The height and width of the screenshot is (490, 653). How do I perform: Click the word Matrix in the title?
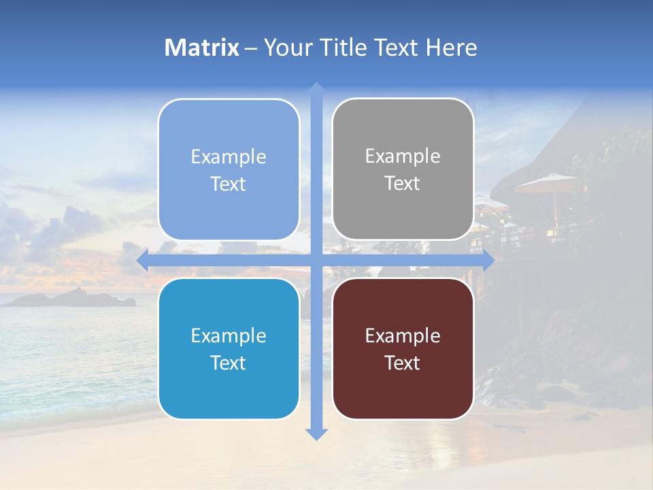[x=202, y=48]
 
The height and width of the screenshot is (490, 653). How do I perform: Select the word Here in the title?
[x=451, y=48]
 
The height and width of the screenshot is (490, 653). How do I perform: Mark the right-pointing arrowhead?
[x=488, y=261]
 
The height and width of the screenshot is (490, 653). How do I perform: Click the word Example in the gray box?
[x=403, y=157]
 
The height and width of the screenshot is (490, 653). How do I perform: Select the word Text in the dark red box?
[x=403, y=363]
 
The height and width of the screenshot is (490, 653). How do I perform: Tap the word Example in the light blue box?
[x=229, y=157]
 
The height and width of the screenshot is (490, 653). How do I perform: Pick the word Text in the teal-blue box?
[x=229, y=363]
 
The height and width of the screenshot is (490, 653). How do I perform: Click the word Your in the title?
[x=286, y=48]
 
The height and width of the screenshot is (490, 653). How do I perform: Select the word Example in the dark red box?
[x=403, y=336]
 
